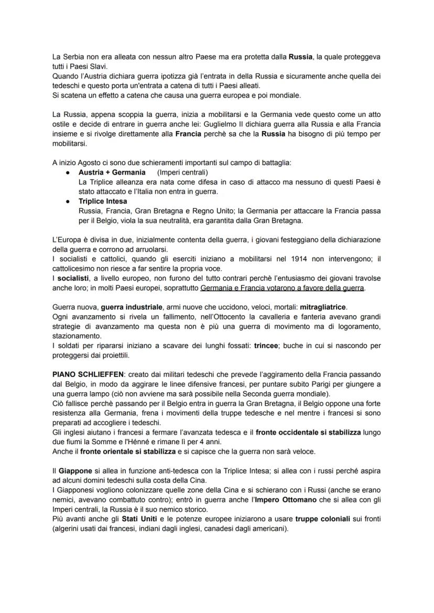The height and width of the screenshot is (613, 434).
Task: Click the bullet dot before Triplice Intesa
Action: (x=68, y=201)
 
